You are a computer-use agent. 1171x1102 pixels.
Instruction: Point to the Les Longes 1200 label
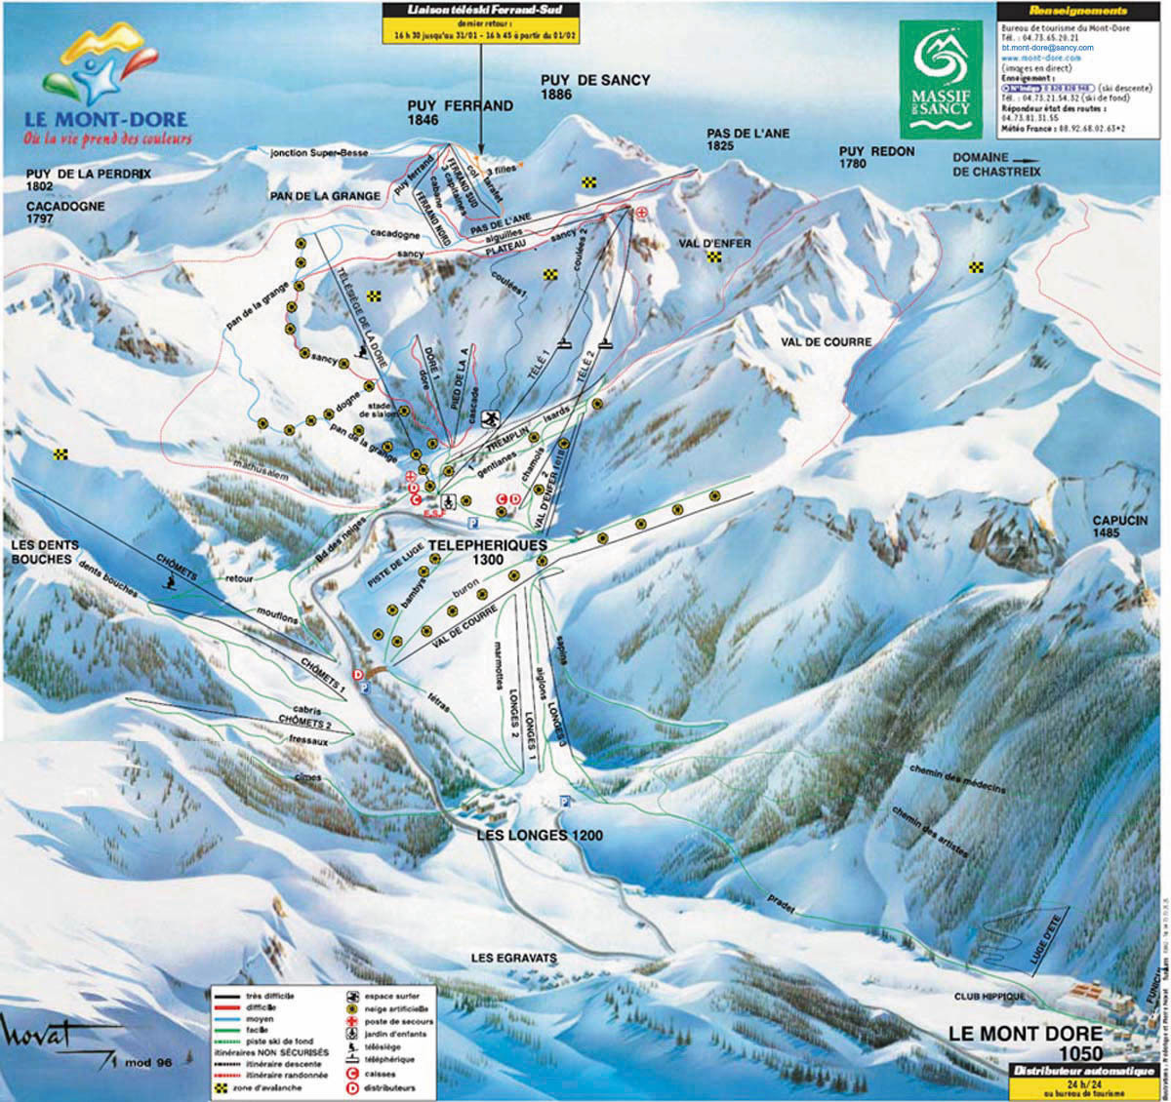click(x=540, y=836)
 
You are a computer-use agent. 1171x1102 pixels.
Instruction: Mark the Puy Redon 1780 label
click(x=877, y=158)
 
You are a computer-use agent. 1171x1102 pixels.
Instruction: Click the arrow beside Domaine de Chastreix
click(x=1026, y=158)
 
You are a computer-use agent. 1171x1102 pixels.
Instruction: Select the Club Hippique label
click(x=989, y=997)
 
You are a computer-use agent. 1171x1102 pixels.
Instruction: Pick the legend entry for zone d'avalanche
click(x=268, y=1086)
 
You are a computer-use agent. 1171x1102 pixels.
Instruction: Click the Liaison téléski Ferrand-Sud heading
click(x=480, y=10)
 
